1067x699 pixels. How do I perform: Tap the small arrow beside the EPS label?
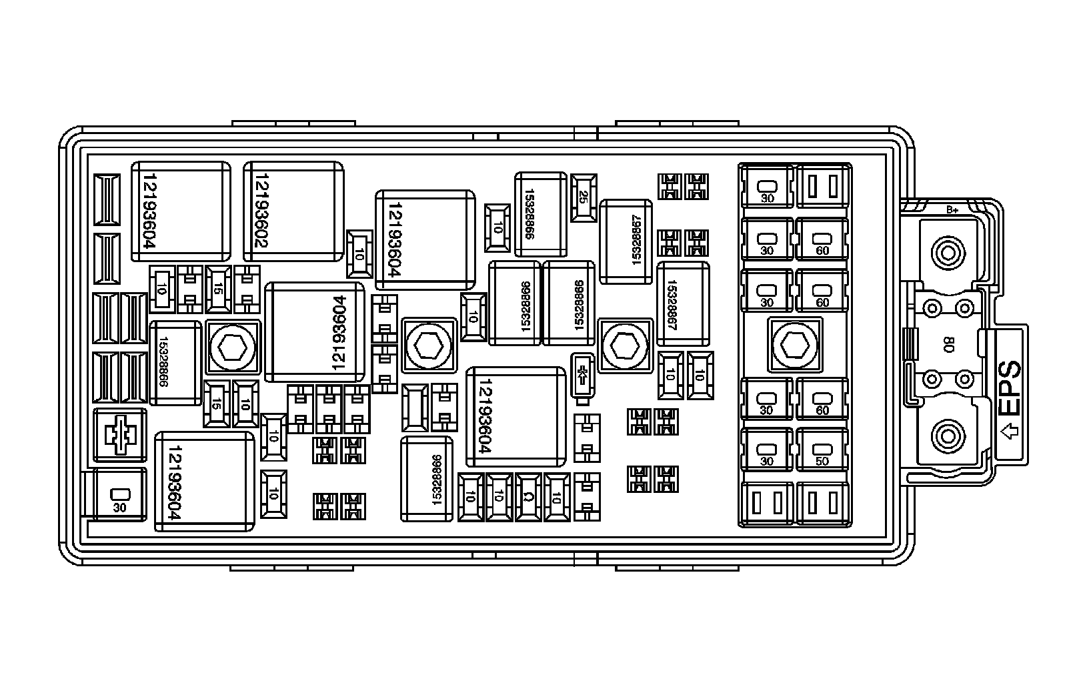coord(1010,432)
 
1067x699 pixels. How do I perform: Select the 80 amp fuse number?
coord(948,345)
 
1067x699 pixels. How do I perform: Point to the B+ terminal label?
coord(952,210)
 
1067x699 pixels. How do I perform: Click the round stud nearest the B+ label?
coord(946,253)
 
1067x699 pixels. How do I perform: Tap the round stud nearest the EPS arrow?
coord(946,438)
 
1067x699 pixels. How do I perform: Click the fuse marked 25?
coord(583,198)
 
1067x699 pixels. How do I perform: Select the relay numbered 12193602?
coord(293,211)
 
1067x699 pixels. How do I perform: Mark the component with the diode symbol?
coord(583,378)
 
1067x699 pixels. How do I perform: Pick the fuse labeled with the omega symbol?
coord(527,497)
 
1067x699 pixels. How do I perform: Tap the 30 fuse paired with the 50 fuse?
coord(767,452)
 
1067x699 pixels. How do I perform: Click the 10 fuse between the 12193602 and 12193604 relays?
coord(359,254)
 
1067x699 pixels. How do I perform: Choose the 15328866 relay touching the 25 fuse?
coord(540,213)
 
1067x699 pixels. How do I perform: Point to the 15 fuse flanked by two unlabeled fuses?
coord(218,289)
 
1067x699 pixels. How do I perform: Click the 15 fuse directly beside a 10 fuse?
coord(216,404)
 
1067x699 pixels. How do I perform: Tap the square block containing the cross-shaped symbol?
coord(120,435)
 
